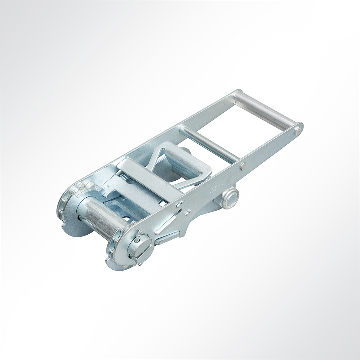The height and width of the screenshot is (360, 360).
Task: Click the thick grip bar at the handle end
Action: (x=265, y=110)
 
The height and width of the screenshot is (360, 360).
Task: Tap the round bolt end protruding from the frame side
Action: (x=230, y=198)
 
